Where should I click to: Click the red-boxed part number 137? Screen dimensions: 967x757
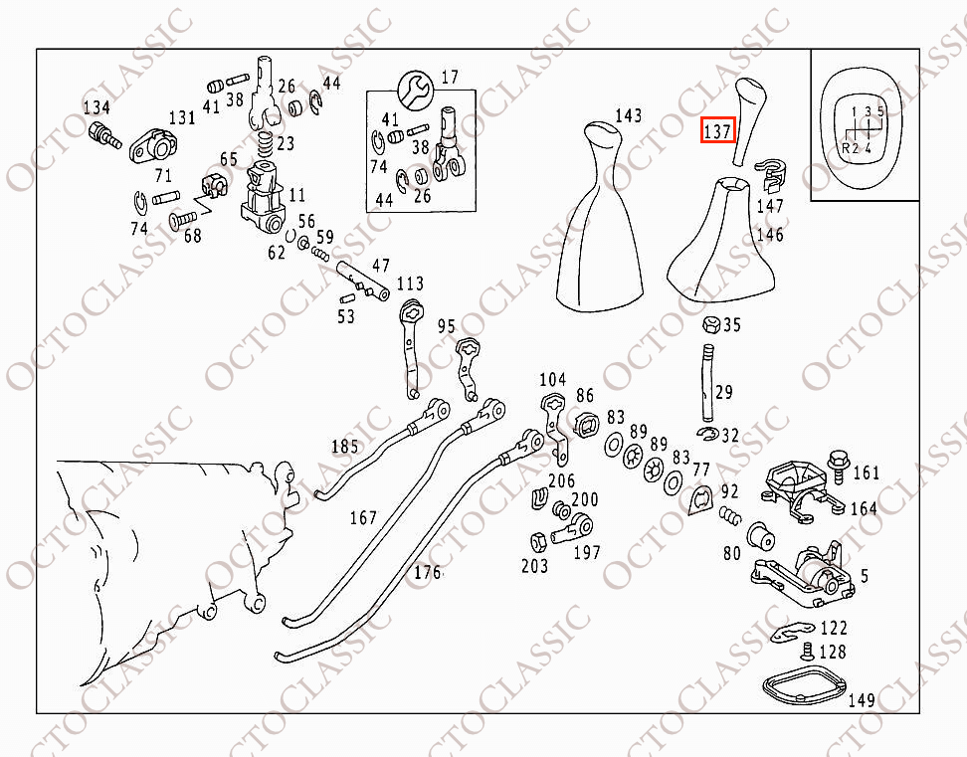pyautogui.click(x=717, y=130)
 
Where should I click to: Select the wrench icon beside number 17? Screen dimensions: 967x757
pyautogui.click(x=416, y=90)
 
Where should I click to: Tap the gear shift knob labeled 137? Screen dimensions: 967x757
pyautogui.click(x=749, y=120)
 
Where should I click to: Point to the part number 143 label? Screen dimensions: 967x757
pyautogui.click(x=629, y=115)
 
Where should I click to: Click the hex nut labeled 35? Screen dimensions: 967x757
pyautogui.click(x=711, y=324)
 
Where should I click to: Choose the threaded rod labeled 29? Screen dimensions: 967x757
pyautogui.click(x=708, y=383)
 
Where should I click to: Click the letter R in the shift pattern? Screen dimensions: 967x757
pyautogui.click(x=846, y=148)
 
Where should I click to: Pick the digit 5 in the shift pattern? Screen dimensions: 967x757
pyautogui.click(x=880, y=112)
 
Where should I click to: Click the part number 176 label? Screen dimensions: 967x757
pyautogui.click(x=428, y=572)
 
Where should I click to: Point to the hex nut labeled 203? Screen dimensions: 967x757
pyautogui.click(x=538, y=542)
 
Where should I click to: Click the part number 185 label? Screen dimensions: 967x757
pyautogui.click(x=345, y=446)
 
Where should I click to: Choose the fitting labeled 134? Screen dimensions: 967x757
pyautogui.click(x=104, y=135)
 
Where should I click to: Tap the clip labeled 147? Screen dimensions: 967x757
pyautogui.click(x=771, y=174)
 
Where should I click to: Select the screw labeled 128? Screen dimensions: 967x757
pyautogui.click(x=807, y=651)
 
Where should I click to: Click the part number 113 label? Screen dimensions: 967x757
pyautogui.click(x=410, y=283)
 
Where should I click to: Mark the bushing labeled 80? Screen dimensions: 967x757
pyautogui.click(x=760, y=535)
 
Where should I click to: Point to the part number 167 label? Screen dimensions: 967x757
pyautogui.click(x=363, y=518)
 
